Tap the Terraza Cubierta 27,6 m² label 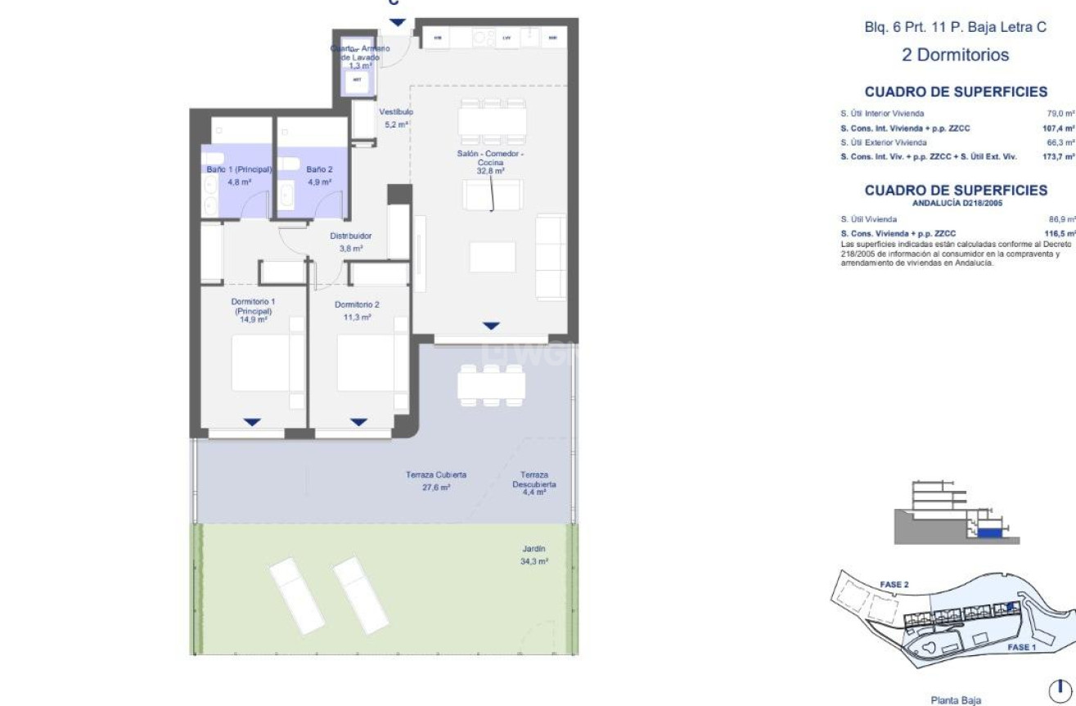[x=436, y=480]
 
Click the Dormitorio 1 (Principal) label [x=252, y=311]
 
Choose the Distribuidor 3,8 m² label [x=351, y=241]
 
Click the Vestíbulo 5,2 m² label [x=396, y=118]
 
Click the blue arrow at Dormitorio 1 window [x=253, y=422]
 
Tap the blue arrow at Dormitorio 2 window [x=358, y=422]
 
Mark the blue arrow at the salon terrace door [x=489, y=326]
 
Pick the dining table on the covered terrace [x=490, y=384]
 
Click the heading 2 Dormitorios [x=955, y=56]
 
